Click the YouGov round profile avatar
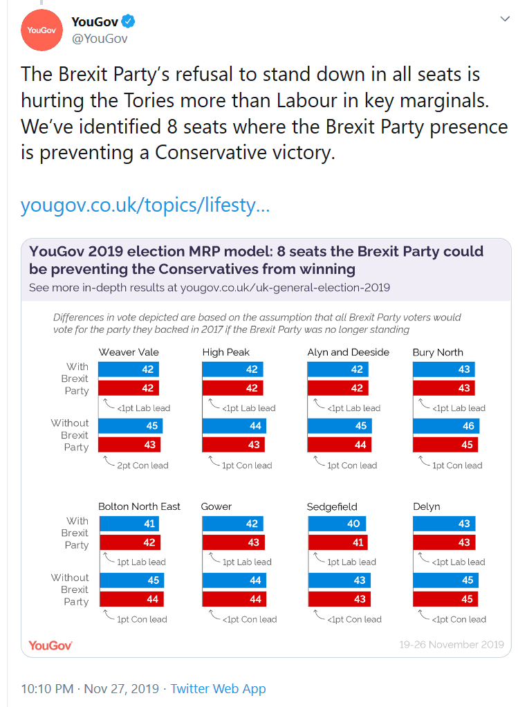(42, 30)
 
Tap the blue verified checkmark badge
(129, 22)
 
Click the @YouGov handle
(100, 39)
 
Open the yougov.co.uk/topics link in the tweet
(145, 205)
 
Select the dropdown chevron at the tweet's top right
(505, 19)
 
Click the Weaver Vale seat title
(129, 352)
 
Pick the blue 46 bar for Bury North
(445, 426)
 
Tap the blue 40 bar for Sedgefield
(336, 524)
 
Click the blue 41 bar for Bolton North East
(129, 524)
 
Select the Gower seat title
(216, 506)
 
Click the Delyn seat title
(426, 506)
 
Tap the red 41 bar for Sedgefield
(337, 542)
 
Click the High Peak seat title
(226, 352)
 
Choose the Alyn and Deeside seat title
(348, 352)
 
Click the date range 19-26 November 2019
(451, 645)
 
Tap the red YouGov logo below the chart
(50, 645)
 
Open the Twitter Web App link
(218, 689)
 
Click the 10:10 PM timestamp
(47, 689)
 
